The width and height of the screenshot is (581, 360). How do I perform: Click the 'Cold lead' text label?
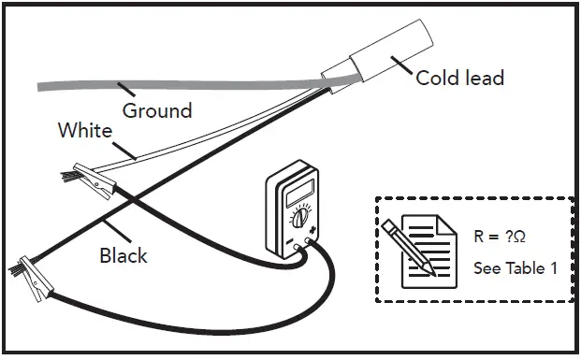[459, 77]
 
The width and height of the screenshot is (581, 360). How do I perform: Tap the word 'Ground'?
[157, 110]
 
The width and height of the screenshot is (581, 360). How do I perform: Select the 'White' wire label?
[85, 131]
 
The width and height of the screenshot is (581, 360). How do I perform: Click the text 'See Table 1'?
[516, 268]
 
